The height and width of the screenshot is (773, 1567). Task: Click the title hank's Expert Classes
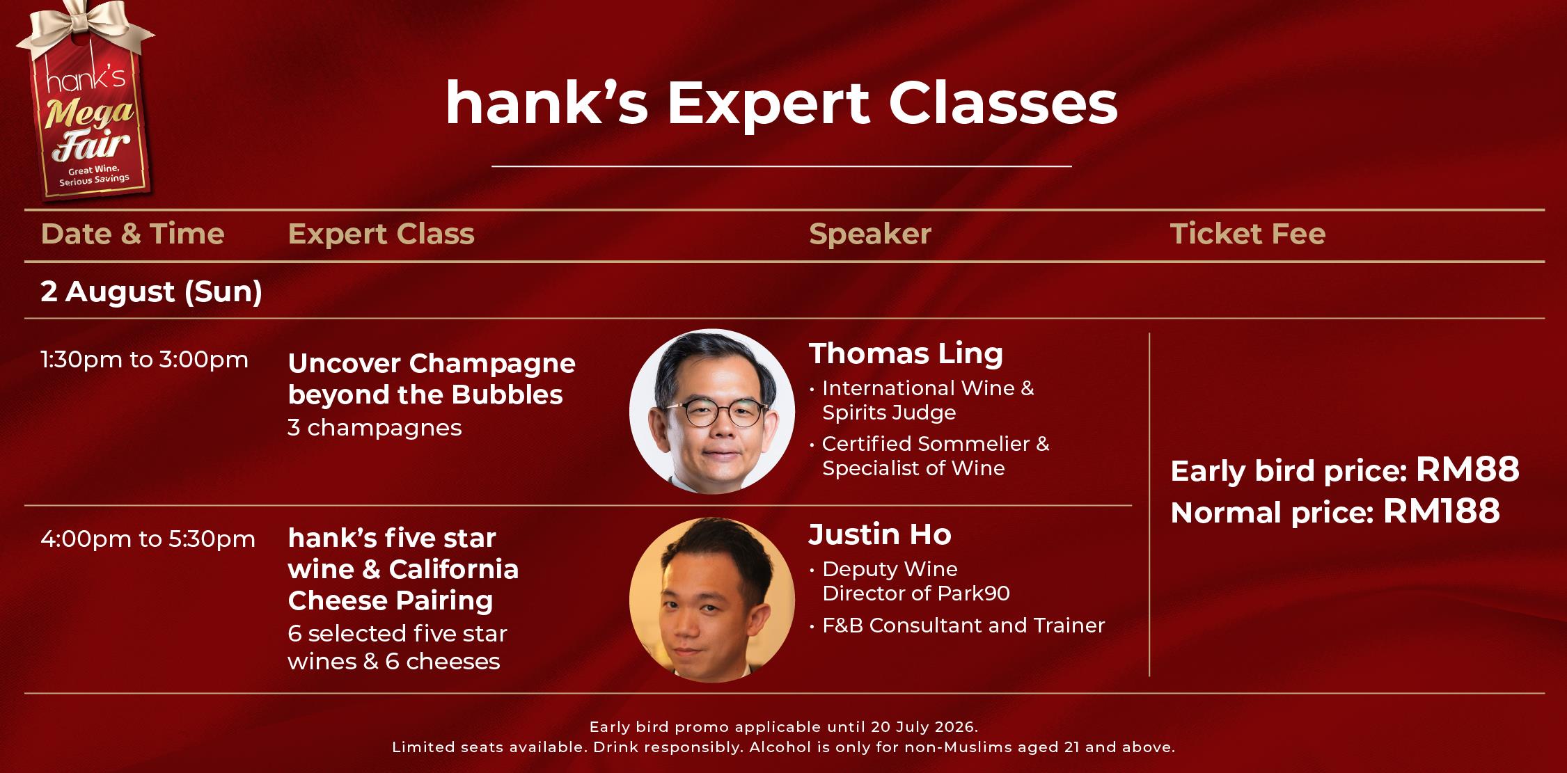click(781, 104)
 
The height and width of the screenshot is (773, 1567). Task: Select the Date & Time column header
click(132, 234)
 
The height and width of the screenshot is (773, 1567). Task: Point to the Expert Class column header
click(381, 234)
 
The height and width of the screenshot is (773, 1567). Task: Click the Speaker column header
click(869, 234)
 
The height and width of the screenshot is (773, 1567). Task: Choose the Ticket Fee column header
click(1247, 234)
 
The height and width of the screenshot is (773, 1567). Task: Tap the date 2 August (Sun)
click(151, 291)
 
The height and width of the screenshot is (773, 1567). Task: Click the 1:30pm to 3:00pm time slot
click(144, 360)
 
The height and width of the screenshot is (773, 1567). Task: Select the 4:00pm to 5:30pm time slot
click(148, 539)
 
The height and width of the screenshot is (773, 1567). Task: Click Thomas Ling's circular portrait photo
click(711, 411)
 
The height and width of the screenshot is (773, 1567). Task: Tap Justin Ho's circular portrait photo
click(711, 599)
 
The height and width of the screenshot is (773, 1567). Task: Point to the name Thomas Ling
click(906, 353)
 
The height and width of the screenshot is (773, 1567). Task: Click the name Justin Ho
click(880, 534)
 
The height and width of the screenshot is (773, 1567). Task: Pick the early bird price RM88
click(1467, 470)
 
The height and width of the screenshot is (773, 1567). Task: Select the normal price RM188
click(1441, 511)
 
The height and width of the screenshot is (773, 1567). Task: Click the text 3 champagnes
click(375, 427)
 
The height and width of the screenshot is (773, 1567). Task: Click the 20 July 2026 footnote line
click(784, 727)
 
